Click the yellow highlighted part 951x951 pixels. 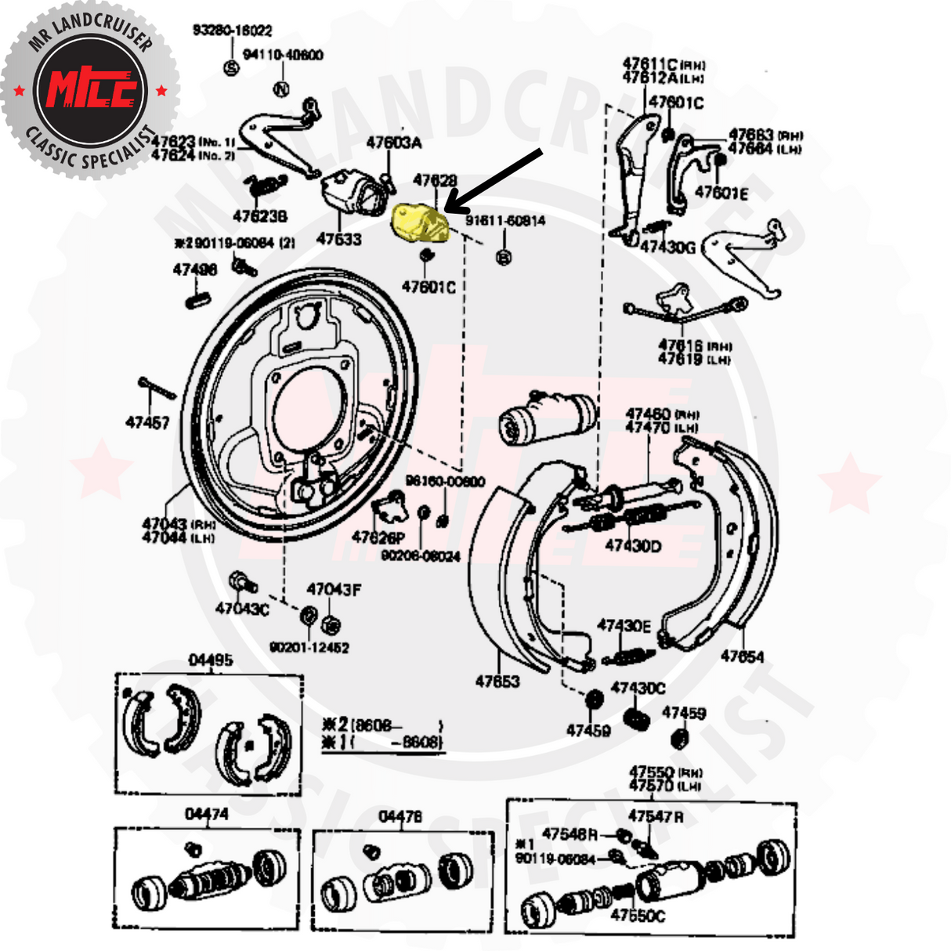tap(420, 222)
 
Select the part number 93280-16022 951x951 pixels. tap(233, 31)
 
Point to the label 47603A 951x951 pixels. tap(394, 143)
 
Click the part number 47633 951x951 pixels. tap(338, 239)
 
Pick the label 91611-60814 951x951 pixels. tap(505, 221)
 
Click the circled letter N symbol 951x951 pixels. tap(282, 89)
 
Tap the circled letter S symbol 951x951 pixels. tap(231, 67)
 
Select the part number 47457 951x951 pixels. tap(147, 423)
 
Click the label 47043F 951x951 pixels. tap(334, 589)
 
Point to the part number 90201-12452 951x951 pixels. tap(309, 648)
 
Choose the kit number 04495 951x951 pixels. tap(211, 660)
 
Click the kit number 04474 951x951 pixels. tap(207, 815)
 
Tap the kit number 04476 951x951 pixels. tap(400, 817)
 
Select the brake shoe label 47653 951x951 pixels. tap(497, 682)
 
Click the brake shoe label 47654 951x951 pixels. tap(742, 656)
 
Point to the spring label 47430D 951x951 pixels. tap(633, 545)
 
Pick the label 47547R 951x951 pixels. tap(656, 816)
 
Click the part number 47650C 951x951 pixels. tap(638, 915)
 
